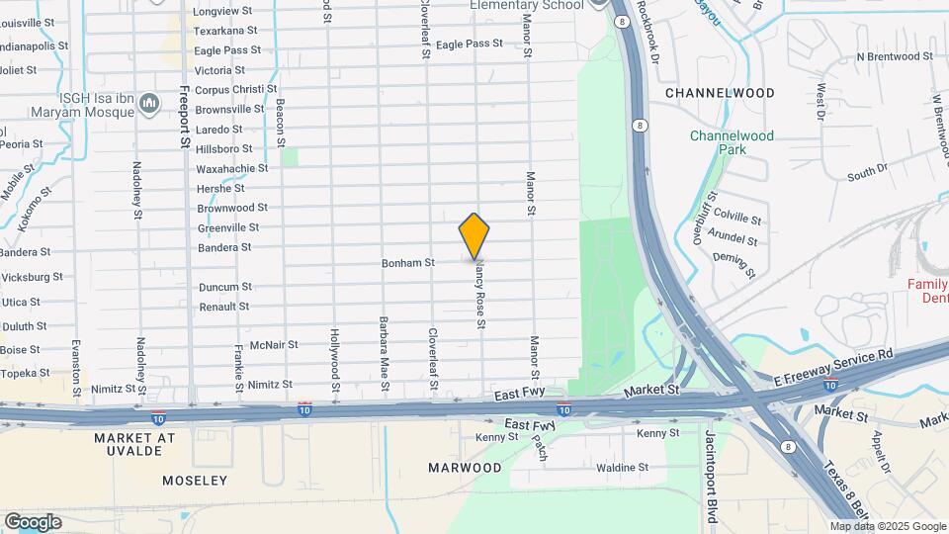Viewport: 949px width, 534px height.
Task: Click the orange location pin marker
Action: (x=474, y=235)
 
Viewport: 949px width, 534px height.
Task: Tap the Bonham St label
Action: (x=408, y=263)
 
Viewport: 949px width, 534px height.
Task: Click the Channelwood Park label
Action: (x=732, y=142)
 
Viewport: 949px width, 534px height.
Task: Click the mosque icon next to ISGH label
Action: (x=150, y=103)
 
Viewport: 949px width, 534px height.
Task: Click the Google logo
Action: (x=33, y=522)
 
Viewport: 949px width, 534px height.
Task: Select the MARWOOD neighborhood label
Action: (x=465, y=467)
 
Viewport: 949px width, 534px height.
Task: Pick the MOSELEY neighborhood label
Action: (x=194, y=481)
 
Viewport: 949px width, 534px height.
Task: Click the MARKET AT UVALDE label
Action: (x=133, y=444)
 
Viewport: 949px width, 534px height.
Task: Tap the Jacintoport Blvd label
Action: (x=711, y=472)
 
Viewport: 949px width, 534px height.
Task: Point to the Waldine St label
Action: (x=622, y=468)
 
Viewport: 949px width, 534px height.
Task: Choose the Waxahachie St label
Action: (x=232, y=169)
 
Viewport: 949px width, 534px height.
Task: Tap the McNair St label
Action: (x=274, y=345)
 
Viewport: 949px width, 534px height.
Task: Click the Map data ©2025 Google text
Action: (x=887, y=526)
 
